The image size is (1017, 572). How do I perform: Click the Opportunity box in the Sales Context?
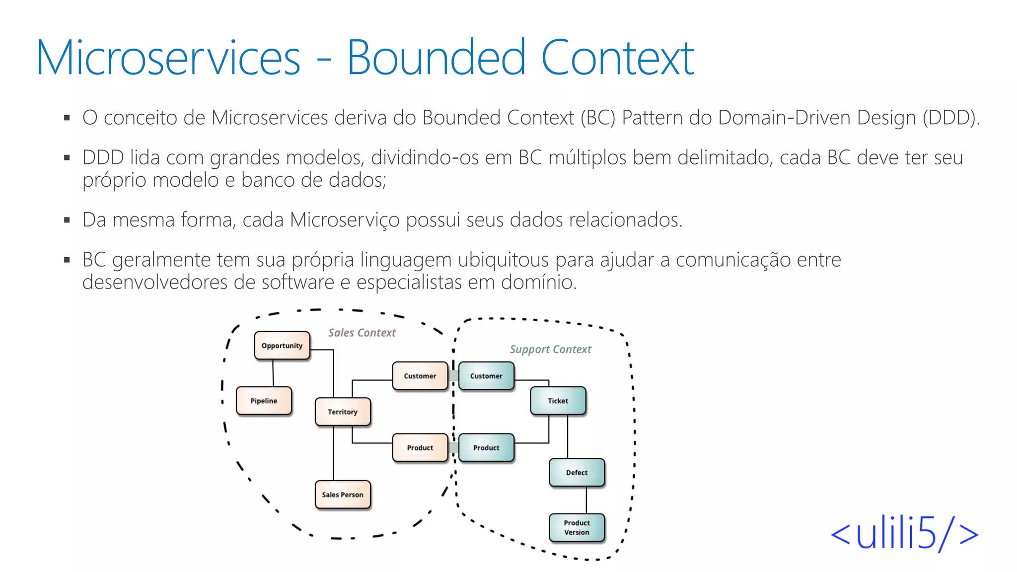coord(282,346)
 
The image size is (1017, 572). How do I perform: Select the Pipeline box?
coord(264,401)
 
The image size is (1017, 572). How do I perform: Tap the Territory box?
coord(343,412)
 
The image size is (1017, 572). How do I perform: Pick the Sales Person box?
coord(343,495)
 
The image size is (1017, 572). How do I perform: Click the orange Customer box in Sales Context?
coord(420,376)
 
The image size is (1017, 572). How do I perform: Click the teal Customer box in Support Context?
coord(486,376)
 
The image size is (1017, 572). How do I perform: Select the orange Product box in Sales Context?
coord(420,447)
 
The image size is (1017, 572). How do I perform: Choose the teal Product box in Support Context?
coord(486,447)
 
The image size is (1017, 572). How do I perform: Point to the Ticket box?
coord(558,401)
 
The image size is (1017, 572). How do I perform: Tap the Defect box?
coord(577,472)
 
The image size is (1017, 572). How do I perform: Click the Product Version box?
coord(577,527)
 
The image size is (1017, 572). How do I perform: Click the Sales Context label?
coord(362,333)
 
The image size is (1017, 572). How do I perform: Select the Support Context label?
coord(550,350)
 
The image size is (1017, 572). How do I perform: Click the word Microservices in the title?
coord(168,58)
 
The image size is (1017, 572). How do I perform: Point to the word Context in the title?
coord(617,58)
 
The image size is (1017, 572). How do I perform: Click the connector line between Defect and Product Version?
coord(586,500)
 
